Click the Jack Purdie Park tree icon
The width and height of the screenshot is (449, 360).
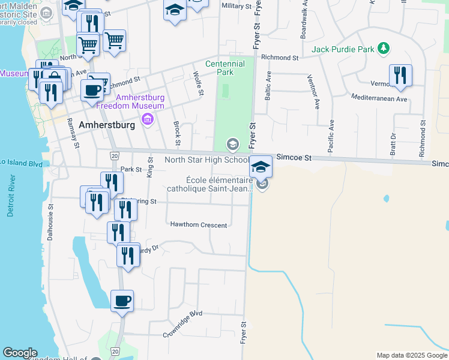point(384,49)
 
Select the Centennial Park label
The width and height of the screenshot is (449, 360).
point(225,68)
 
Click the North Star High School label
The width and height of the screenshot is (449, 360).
point(206,160)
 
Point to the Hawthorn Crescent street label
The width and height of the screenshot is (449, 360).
point(199,225)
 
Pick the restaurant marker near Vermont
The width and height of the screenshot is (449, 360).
point(400,76)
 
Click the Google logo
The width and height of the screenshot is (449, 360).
point(20,353)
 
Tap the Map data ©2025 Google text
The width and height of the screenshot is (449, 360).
point(411,355)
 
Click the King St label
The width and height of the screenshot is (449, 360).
point(150,164)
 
